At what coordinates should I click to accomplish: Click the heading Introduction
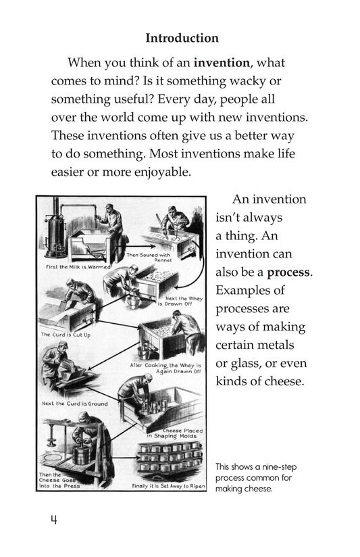coord(182,39)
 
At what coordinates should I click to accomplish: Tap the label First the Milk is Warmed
coord(70,267)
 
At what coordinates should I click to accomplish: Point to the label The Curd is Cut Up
coord(66,334)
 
